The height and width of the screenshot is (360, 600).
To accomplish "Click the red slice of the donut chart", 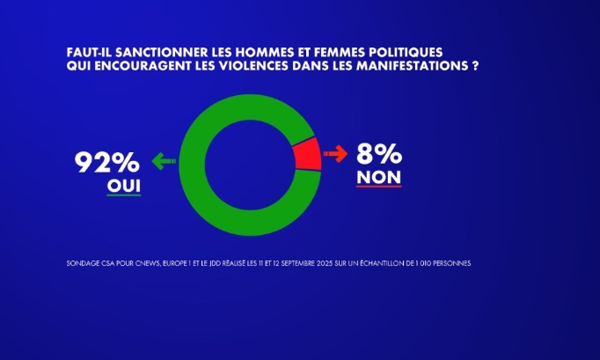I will (x=305, y=154).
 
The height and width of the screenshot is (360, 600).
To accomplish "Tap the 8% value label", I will (x=379, y=155).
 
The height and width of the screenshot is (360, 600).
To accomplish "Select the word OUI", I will (x=123, y=186).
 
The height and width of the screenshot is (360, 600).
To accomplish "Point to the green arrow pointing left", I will (x=164, y=161).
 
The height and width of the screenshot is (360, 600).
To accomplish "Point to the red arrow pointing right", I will (x=335, y=154).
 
